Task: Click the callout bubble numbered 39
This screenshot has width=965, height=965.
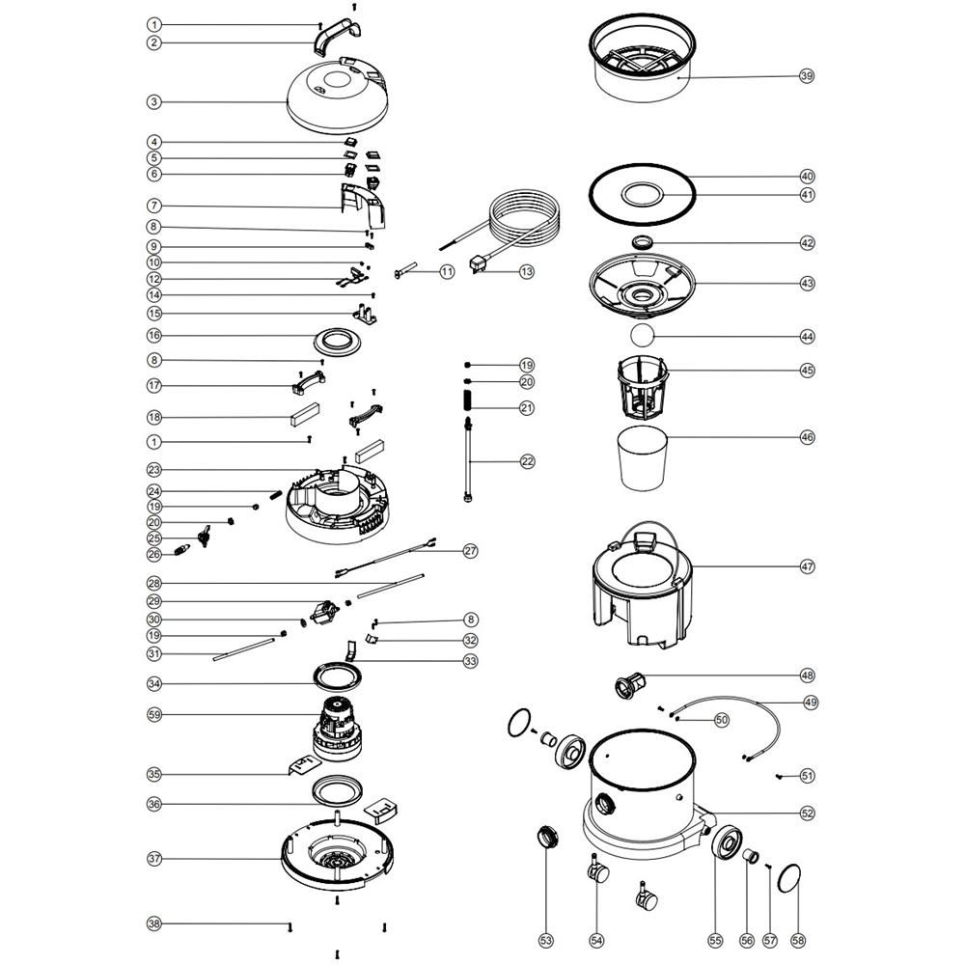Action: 806,76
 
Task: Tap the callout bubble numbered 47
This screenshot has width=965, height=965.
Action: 807,566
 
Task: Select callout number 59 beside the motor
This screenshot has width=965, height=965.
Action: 154,714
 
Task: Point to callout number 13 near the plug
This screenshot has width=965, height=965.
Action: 527,271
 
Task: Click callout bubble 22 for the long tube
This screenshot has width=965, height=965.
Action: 528,461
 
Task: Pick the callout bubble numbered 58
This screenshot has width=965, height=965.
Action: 798,940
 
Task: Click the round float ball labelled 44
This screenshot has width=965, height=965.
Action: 642,336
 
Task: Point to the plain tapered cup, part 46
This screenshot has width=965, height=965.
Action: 642,458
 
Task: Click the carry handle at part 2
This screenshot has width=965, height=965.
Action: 338,35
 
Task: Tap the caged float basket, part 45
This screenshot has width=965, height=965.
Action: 643,386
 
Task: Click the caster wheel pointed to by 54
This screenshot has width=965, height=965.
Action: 597,870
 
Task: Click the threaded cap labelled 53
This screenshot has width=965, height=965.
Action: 548,837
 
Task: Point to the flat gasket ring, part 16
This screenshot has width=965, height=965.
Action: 337,343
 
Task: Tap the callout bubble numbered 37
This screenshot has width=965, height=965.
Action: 154,859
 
